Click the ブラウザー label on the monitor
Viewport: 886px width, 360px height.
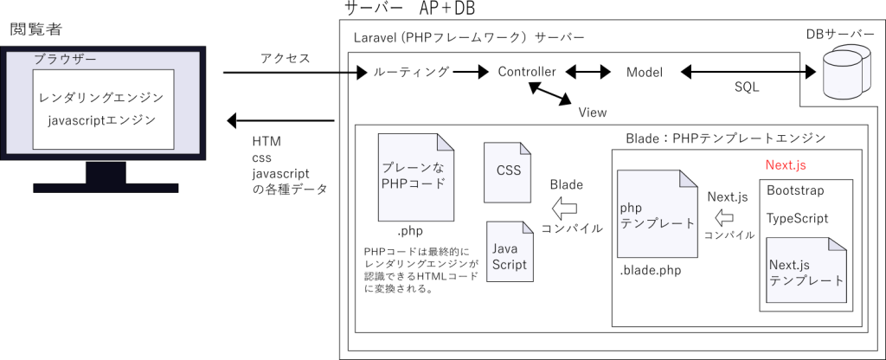(x=65, y=59)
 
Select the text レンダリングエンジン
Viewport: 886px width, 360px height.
(x=102, y=97)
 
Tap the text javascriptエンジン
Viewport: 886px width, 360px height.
(x=102, y=120)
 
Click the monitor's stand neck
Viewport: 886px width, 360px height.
(x=106, y=172)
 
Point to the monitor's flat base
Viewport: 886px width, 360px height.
(x=106, y=188)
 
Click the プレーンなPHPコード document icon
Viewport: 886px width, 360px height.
(x=415, y=177)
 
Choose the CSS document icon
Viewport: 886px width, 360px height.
(x=508, y=172)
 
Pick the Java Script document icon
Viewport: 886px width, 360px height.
(x=509, y=252)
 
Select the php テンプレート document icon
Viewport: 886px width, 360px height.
(x=657, y=214)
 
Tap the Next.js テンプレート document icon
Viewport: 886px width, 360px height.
(x=806, y=271)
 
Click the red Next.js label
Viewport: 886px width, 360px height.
(x=786, y=164)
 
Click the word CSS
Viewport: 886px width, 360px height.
(x=509, y=170)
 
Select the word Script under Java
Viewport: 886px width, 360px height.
(x=509, y=265)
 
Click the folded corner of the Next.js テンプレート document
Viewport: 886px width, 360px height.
(x=837, y=246)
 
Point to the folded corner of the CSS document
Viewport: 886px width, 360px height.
(x=525, y=149)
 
